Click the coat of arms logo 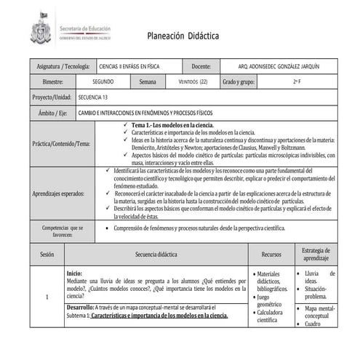[41, 31]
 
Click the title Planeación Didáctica [183, 36]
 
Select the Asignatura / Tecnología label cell [63, 66]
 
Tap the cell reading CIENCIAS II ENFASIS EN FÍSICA [129, 66]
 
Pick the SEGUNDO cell [103, 82]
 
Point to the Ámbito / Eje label [53, 113]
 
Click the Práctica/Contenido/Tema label [62, 144]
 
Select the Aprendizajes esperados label [59, 194]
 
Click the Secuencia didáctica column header [156, 255]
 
